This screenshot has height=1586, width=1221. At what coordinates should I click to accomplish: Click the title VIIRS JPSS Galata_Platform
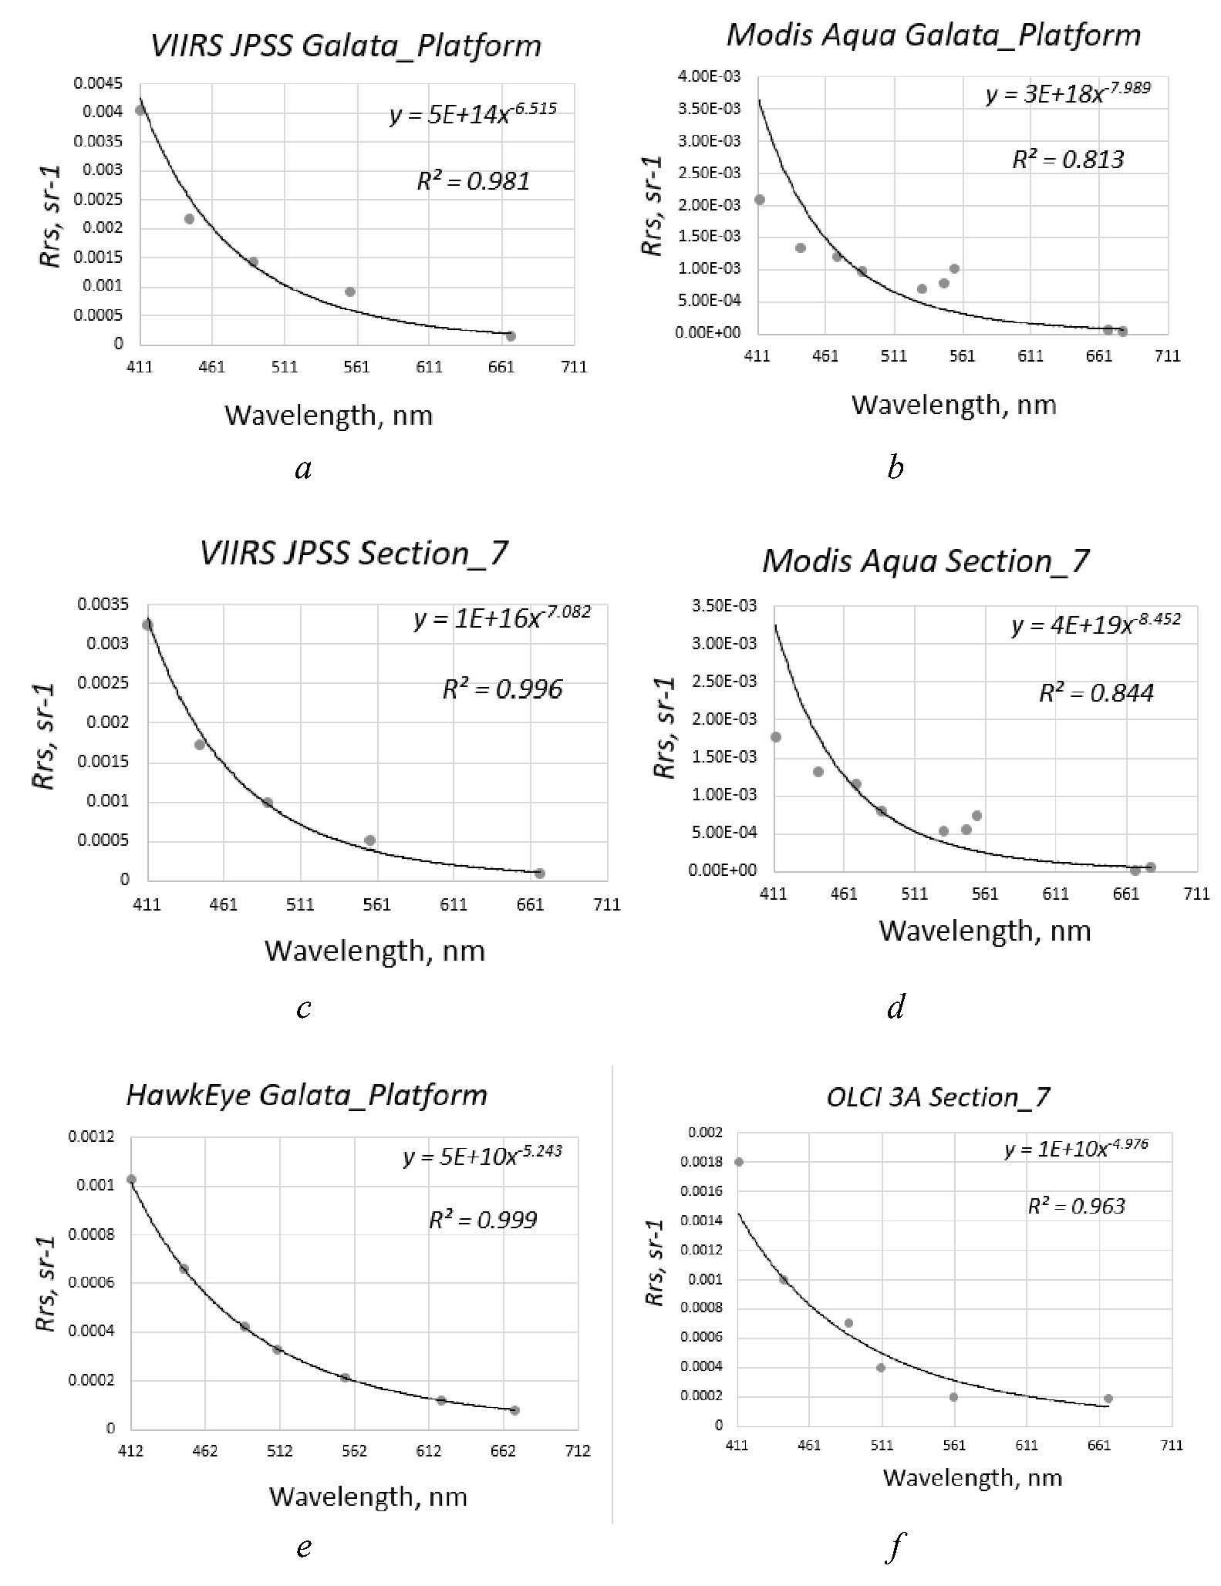[346, 46]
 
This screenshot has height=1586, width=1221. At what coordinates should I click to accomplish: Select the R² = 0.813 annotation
[1068, 160]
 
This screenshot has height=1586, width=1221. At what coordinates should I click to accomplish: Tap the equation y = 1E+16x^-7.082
[502, 618]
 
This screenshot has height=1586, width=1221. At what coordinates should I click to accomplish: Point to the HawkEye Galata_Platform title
[306, 1096]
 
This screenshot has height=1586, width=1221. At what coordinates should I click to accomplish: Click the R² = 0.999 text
[483, 1220]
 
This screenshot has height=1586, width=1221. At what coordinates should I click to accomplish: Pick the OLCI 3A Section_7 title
[937, 1097]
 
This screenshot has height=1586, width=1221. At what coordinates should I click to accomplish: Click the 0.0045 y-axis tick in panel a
[98, 83]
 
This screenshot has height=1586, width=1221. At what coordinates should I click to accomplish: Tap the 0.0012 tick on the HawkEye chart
[91, 1136]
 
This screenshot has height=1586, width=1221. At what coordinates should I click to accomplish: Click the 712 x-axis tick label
[577, 1451]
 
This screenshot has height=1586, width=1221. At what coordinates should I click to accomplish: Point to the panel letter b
[895, 467]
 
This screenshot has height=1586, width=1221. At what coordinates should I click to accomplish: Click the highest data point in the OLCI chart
[739, 1162]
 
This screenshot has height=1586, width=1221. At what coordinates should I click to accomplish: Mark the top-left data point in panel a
[140, 110]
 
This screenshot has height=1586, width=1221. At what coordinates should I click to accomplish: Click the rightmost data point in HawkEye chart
[514, 1410]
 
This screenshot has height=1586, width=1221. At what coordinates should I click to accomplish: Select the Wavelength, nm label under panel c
[375, 951]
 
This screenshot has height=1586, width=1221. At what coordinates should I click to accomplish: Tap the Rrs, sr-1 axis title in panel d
[664, 728]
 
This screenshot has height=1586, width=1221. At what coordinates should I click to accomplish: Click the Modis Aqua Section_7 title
[926, 561]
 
